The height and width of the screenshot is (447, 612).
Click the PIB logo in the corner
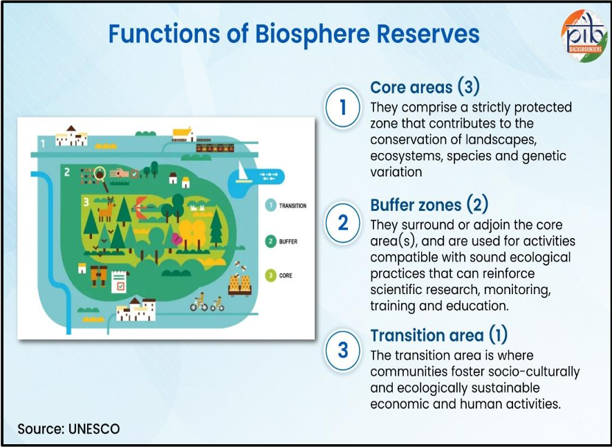[584, 35]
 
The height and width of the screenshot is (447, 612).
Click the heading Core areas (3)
[425, 87]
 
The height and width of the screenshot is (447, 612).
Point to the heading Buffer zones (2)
[429, 205]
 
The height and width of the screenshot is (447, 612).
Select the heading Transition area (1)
[438, 336]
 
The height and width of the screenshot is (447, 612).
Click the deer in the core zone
[106, 207]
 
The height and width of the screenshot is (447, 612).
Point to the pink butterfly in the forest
[176, 239]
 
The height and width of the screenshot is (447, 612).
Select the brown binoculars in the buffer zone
[98, 275]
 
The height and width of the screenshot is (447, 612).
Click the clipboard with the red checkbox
[119, 280]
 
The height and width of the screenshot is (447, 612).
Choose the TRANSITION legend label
[293, 206]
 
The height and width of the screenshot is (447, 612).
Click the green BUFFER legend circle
[271, 241]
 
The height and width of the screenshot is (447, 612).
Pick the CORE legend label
[286, 275]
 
